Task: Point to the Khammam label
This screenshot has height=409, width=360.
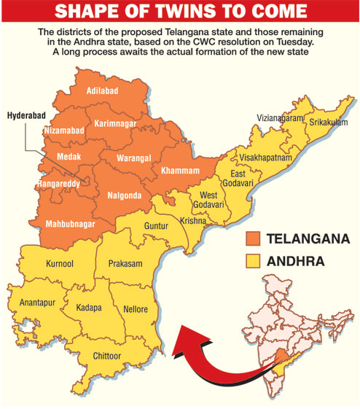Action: click(x=179, y=171)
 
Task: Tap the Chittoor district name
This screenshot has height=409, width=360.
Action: click(x=111, y=356)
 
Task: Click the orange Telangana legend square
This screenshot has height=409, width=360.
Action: click(x=254, y=238)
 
